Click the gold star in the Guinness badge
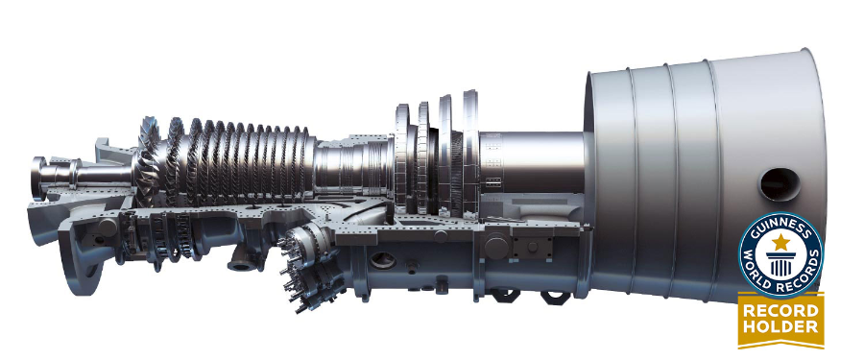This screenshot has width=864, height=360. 780,242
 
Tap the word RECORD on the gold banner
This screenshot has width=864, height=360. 780,310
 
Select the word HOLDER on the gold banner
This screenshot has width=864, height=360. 780,327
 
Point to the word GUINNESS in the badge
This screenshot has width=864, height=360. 780,227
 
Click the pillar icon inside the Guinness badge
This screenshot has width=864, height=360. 780,264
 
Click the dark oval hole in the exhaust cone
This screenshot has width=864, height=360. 780,184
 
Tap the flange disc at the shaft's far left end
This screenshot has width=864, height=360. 38,178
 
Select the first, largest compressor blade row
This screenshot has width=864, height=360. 148,161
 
